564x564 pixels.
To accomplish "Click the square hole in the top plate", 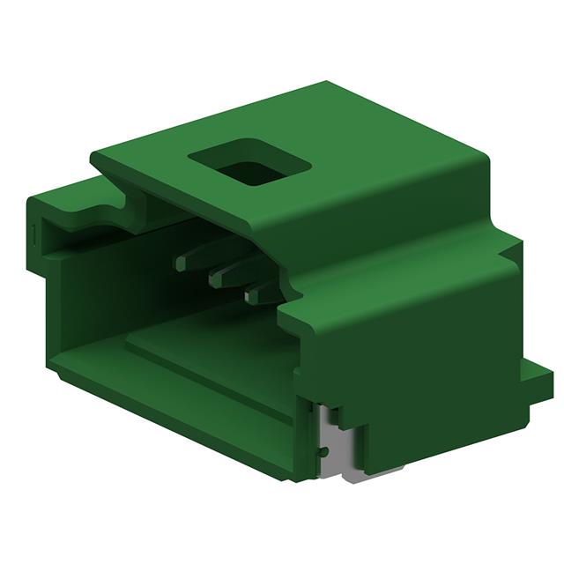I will (250, 166).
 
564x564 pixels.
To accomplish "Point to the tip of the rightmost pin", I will (250, 297).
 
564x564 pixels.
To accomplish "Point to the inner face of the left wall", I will (79, 291).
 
